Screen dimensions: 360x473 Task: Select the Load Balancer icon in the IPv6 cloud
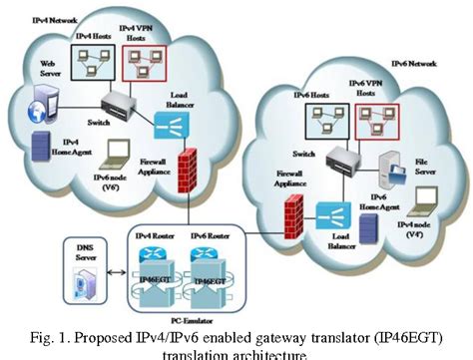coord(330,212)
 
